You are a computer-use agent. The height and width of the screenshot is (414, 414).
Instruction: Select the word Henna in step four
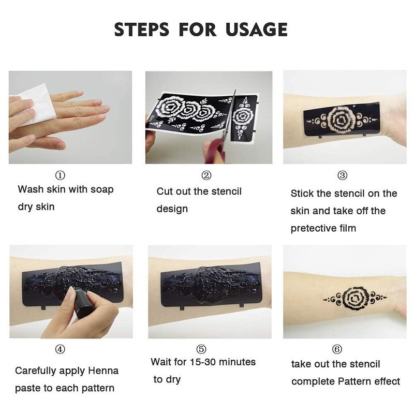tap(102, 371)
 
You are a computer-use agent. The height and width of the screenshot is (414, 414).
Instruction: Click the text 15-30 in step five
tap(201, 362)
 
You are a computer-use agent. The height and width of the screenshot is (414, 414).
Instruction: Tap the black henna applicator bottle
tap(80, 305)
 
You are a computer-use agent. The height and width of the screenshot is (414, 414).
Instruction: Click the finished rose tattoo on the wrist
tap(355, 298)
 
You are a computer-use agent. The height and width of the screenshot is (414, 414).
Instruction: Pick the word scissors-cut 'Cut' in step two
tap(166, 191)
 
